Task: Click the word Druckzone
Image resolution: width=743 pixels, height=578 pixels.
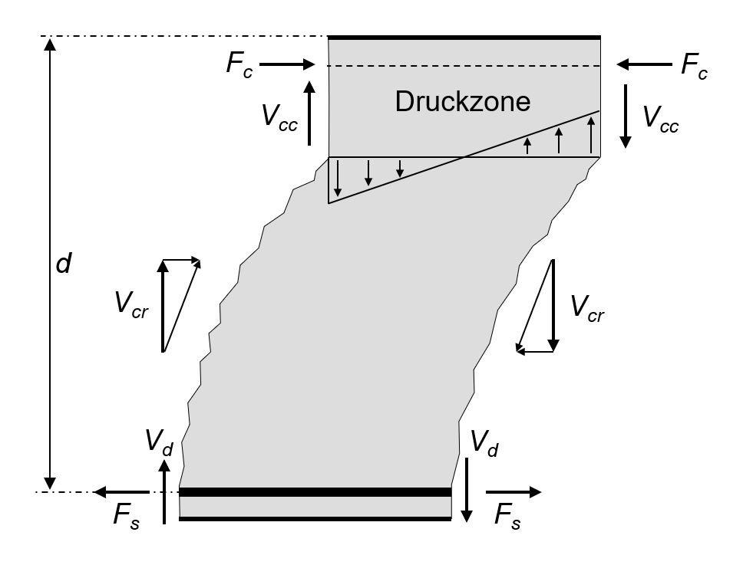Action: pyautogui.click(x=462, y=102)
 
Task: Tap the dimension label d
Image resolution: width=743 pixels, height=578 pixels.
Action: pyautogui.click(x=64, y=264)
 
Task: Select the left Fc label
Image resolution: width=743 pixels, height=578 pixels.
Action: pyautogui.click(x=238, y=64)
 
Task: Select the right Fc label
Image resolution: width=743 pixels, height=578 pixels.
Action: pyautogui.click(x=694, y=68)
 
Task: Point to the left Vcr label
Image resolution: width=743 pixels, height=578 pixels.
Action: pyautogui.click(x=130, y=306)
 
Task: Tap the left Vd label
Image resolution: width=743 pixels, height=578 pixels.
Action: pyautogui.click(x=158, y=442)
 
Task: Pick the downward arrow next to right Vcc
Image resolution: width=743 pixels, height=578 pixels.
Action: pyautogui.click(x=626, y=115)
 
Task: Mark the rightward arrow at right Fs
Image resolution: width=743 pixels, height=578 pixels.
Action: pyautogui.click(x=513, y=492)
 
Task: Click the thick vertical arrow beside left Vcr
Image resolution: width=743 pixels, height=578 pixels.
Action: pyautogui.click(x=163, y=306)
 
